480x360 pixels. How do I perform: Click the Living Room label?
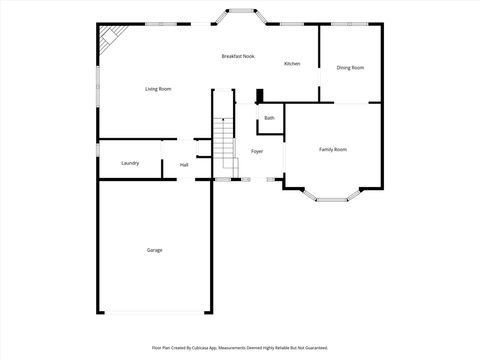[158, 89]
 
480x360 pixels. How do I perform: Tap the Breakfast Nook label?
[238, 56]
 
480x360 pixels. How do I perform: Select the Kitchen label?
[292, 64]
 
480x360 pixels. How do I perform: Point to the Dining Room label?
[350, 67]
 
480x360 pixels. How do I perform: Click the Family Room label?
[333, 149]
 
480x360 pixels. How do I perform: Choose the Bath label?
[269, 118]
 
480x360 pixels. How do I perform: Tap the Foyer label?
[257, 151]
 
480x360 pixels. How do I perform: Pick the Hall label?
[184, 165]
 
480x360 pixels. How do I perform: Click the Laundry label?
[130, 163]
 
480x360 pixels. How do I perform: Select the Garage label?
[154, 250]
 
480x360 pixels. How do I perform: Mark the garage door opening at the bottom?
[154, 312]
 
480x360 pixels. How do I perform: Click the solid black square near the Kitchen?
[259, 97]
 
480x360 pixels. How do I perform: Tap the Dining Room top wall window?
[350, 24]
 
